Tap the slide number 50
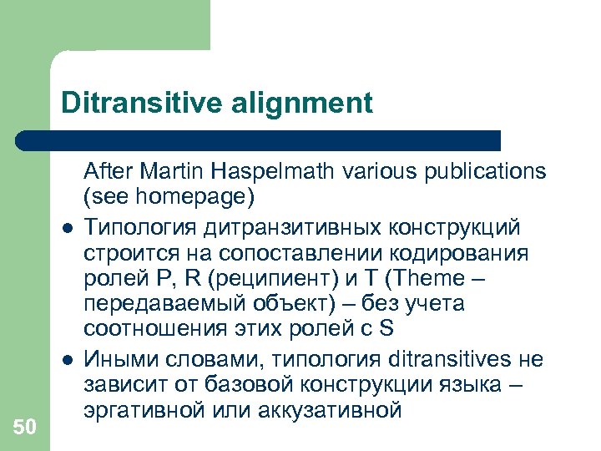point(25,428)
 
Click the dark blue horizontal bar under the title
point(259,140)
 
